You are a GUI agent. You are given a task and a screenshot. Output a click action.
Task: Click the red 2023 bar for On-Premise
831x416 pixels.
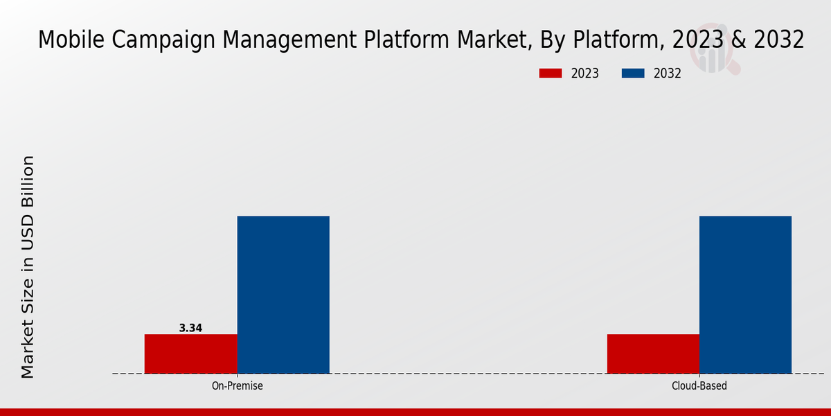click(190, 354)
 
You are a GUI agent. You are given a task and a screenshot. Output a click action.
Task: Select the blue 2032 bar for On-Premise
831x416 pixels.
click(283, 295)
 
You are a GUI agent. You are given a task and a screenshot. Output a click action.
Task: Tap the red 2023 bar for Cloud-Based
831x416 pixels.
click(653, 354)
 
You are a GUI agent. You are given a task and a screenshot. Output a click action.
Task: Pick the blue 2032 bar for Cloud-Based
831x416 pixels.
click(745, 295)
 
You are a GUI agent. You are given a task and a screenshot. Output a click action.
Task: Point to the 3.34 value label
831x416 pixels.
click(190, 328)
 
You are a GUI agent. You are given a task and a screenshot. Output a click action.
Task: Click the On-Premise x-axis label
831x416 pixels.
click(237, 385)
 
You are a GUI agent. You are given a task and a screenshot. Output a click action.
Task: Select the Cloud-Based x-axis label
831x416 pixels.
click(699, 385)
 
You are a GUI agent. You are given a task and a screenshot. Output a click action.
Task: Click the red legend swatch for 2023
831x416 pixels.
click(551, 73)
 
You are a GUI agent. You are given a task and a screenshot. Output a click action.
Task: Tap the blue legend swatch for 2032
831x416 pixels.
click(634, 73)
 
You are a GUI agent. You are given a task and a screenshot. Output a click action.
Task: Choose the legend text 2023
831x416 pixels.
click(585, 73)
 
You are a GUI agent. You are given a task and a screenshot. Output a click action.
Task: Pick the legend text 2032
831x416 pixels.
click(668, 73)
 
